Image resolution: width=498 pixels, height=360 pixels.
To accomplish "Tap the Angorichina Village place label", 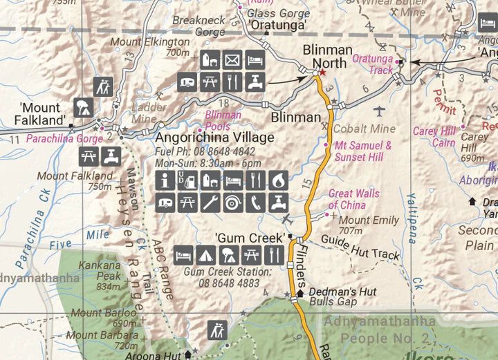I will coord(214,138).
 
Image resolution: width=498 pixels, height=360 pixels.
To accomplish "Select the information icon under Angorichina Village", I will coord(165,181).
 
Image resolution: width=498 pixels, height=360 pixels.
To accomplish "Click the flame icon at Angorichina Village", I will coord(277,181).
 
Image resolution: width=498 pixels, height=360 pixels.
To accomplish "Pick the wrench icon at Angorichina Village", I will coord(210,203).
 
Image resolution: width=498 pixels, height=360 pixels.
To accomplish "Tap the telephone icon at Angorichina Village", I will coord(255,203).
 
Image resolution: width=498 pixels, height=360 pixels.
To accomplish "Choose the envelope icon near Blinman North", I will coord(232,59).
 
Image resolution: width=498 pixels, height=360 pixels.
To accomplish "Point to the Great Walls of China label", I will coord(353,199).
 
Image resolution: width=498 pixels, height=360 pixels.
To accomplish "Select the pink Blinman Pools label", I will coord(223,120).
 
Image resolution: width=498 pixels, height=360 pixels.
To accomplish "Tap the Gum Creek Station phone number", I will coord(221,283).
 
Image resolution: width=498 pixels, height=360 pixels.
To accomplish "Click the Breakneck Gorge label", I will coord(199,26).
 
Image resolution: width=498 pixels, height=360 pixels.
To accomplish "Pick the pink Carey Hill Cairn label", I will coord(434,136).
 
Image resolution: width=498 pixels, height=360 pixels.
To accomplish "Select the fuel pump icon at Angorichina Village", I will coord(187,181).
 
